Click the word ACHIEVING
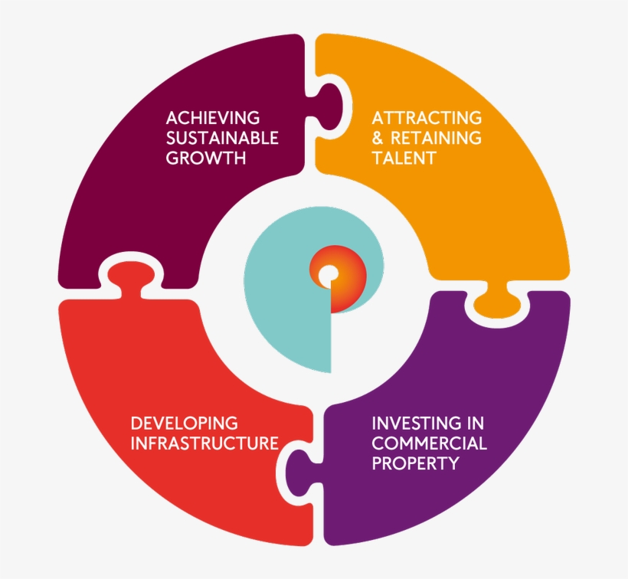point(213,118)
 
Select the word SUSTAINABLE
point(222,139)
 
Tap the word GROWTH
point(206,159)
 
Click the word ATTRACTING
point(427,118)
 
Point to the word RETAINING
point(436,139)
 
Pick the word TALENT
point(404,159)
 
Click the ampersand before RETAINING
point(378,139)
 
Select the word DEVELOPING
point(185,423)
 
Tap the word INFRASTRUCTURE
point(204,443)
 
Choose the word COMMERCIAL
point(429,443)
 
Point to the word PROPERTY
point(415,463)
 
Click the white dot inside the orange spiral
point(328,273)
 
